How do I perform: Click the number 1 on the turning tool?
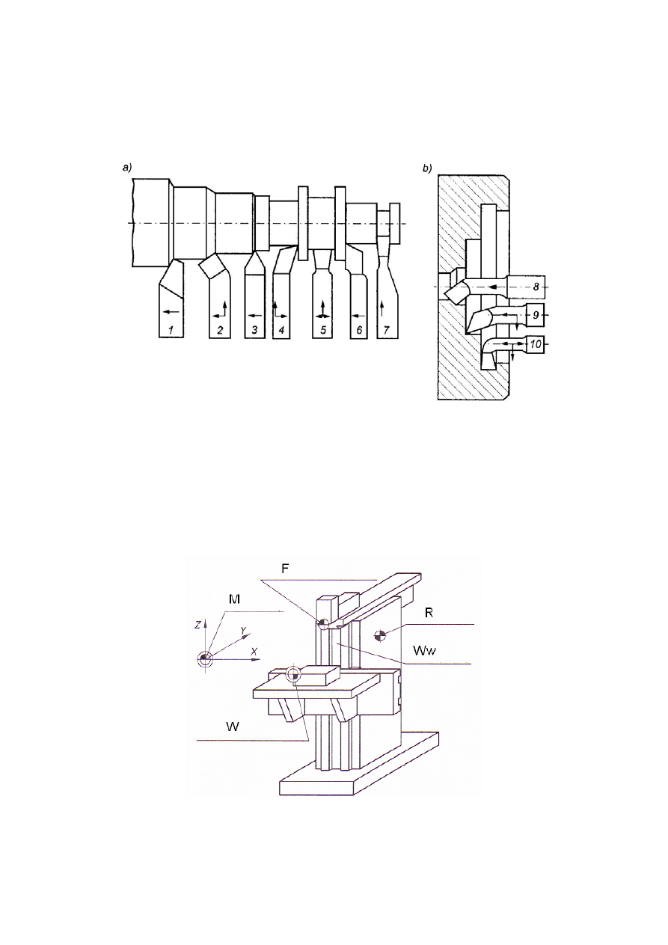[x=171, y=330]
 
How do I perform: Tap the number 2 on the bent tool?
[x=220, y=330]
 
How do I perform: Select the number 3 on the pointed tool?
[x=255, y=330]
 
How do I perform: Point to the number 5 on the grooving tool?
[x=323, y=330]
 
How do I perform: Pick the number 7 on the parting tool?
[x=387, y=330]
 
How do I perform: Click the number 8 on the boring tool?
[x=536, y=287]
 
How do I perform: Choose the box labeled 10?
[x=535, y=344]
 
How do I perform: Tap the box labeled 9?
[x=536, y=315]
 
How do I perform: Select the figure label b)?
[x=427, y=169]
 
